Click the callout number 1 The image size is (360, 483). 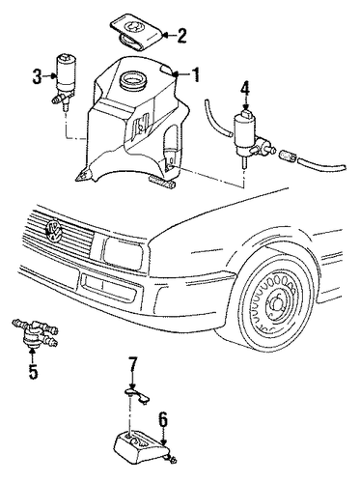tap(195, 74)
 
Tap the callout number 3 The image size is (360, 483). tap(37, 76)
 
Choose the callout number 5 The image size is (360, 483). tap(33, 371)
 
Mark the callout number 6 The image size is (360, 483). tap(163, 420)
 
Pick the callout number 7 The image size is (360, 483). tap(132, 364)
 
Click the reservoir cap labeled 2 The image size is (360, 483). tap(137, 32)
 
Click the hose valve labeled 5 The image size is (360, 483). tap(35, 333)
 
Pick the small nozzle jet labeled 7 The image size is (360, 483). tap(137, 395)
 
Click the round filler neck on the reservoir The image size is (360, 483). tap(132, 79)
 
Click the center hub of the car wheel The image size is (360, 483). tap(276, 305)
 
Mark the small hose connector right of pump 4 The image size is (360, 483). tap(288, 156)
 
